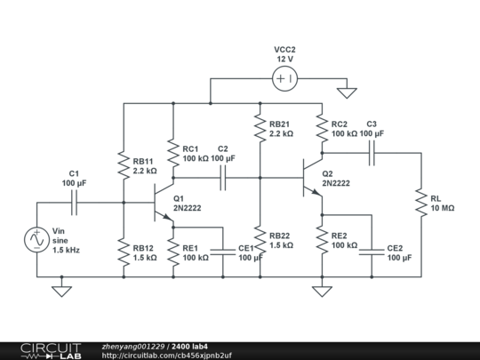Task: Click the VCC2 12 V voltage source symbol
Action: [x=284, y=79]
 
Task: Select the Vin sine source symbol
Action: [x=37, y=240]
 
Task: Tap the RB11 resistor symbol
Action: [x=124, y=163]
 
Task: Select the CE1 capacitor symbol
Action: [x=223, y=252]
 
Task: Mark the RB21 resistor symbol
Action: [x=259, y=129]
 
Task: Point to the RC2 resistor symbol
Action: [x=322, y=129]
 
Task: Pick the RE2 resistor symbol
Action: [x=322, y=239]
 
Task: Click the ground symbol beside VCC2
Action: [x=348, y=91]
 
